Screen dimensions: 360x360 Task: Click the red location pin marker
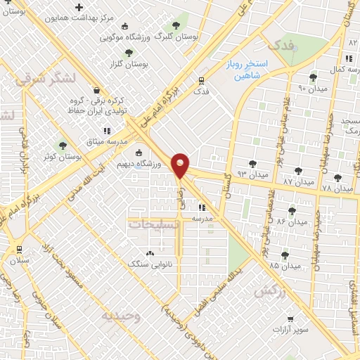point(181,165)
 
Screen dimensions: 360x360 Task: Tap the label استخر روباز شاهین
point(253,70)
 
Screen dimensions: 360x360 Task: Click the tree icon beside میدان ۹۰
point(313,77)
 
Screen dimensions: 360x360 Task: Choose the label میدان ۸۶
point(288,221)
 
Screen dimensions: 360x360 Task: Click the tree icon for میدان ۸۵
point(285,255)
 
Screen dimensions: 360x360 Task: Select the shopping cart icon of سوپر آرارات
point(290,319)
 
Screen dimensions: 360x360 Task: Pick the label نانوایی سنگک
point(144,264)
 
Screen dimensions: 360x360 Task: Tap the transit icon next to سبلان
point(18,248)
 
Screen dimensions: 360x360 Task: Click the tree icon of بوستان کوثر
point(63,146)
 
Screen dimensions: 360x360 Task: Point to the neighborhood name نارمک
point(349,131)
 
